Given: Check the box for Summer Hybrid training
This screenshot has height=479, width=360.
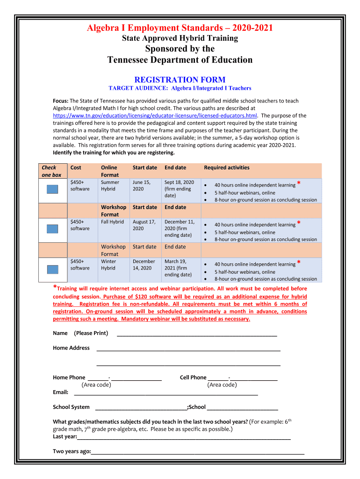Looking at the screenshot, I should click(x=52, y=189).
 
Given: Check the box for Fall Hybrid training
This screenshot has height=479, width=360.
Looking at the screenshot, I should click(x=52, y=229).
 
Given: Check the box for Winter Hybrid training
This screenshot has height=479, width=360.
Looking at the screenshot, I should click(x=52, y=269).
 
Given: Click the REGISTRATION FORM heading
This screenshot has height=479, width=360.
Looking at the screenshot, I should click(x=180, y=80).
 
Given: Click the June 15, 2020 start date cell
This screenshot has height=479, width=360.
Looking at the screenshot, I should click(x=141, y=186).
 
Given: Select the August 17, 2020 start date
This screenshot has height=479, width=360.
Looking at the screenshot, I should click(x=144, y=225).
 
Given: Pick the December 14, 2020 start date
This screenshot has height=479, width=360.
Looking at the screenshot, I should click(x=144, y=265).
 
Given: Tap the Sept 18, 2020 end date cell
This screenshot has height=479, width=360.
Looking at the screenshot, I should click(x=179, y=189).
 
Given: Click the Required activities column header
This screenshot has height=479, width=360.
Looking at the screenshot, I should click(x=227, y=167).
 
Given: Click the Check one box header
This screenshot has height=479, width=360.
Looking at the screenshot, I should click(x=51, y=171).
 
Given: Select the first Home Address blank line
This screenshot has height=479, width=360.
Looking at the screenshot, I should click(x=188, y=349).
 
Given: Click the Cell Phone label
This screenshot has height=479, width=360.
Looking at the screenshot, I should click(x=193, y=377).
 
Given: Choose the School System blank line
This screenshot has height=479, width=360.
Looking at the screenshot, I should click(x=140, y=408).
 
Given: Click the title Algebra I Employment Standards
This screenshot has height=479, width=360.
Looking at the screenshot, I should click(x=180, y=29).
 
